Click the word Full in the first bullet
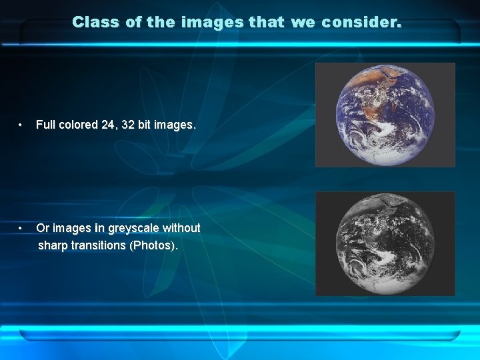tap(45, 125)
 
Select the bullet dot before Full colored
tap(22, 125)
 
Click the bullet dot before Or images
tap(22, 228)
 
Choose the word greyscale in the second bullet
tap(131, 228)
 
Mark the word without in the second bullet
tap(181, 228)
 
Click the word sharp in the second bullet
tap(53, 245)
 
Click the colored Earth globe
tap(385, 115)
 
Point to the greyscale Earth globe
tap(385, 243)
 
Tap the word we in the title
tap(303, 22)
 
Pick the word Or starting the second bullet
tap(43, 228)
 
